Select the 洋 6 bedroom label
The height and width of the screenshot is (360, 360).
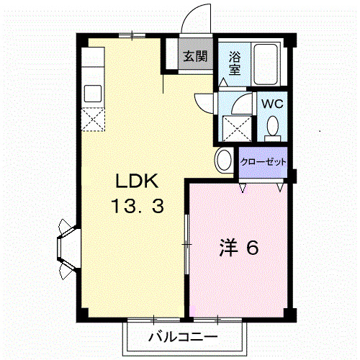pos(238,248)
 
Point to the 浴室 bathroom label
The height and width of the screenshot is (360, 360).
pos(235,63)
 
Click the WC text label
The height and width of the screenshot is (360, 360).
pos(271,103)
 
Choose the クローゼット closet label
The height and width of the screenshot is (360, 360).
pos(262,162)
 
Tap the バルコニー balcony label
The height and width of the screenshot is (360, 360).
pos(183,336)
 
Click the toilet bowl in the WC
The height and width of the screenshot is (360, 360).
pos(272,127)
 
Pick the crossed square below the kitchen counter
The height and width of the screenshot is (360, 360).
pos(94,119)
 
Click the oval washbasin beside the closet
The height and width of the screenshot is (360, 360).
pos(223,161)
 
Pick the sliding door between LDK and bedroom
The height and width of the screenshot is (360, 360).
pos(186,246)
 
